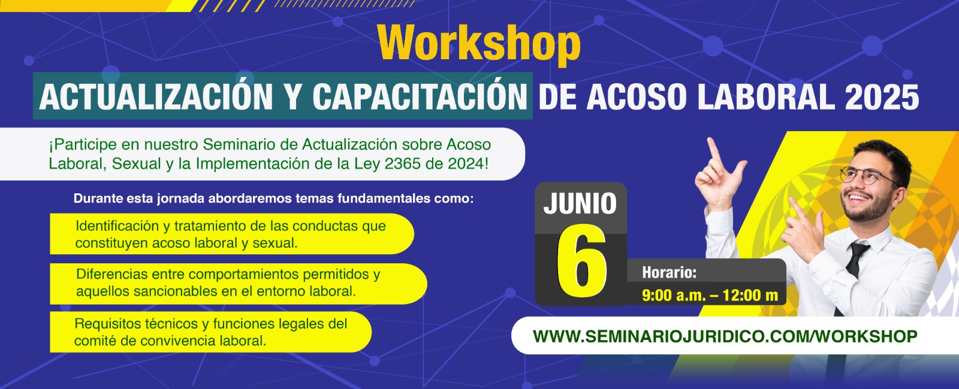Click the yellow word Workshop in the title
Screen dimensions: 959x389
tap(479, 44)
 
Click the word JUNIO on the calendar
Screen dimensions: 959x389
tap(580, 203)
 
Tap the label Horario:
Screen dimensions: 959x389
tap(669, 272)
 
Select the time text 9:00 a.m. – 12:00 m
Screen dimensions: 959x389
tap(710, 295)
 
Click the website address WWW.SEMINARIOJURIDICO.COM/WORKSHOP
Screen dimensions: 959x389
tap(725, 336)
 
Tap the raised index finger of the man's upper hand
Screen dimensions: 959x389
tap(714, 150)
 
